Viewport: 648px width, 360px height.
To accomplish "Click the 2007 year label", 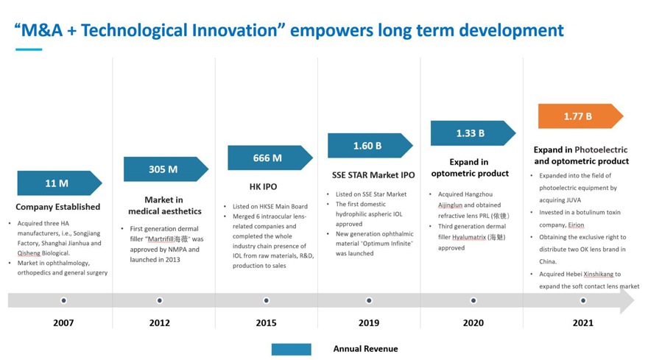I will pos(63,322).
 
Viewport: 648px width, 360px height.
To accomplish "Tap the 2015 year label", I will pos(266,322).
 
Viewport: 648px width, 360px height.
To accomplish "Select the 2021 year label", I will pos(582,322).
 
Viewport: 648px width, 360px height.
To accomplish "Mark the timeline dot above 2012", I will pos(160,300).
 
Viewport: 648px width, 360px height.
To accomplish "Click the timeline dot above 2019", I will pos(369,300).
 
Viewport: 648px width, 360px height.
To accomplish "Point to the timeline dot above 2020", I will pos(473,300).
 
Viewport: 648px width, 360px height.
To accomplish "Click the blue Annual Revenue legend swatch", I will pos(291,349).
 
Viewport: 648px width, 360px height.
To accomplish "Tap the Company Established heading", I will pos(58,207).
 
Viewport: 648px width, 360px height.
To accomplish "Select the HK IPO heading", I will pos(264,187).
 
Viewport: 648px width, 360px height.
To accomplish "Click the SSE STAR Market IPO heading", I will pos(373,175).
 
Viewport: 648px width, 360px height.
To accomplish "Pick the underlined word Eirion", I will pos(576,225).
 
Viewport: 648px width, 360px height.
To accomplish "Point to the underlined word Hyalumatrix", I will pos(471,237).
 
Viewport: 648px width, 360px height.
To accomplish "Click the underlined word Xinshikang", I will pos(598,274).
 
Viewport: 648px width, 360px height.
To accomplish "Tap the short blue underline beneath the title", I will pos(29,49).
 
